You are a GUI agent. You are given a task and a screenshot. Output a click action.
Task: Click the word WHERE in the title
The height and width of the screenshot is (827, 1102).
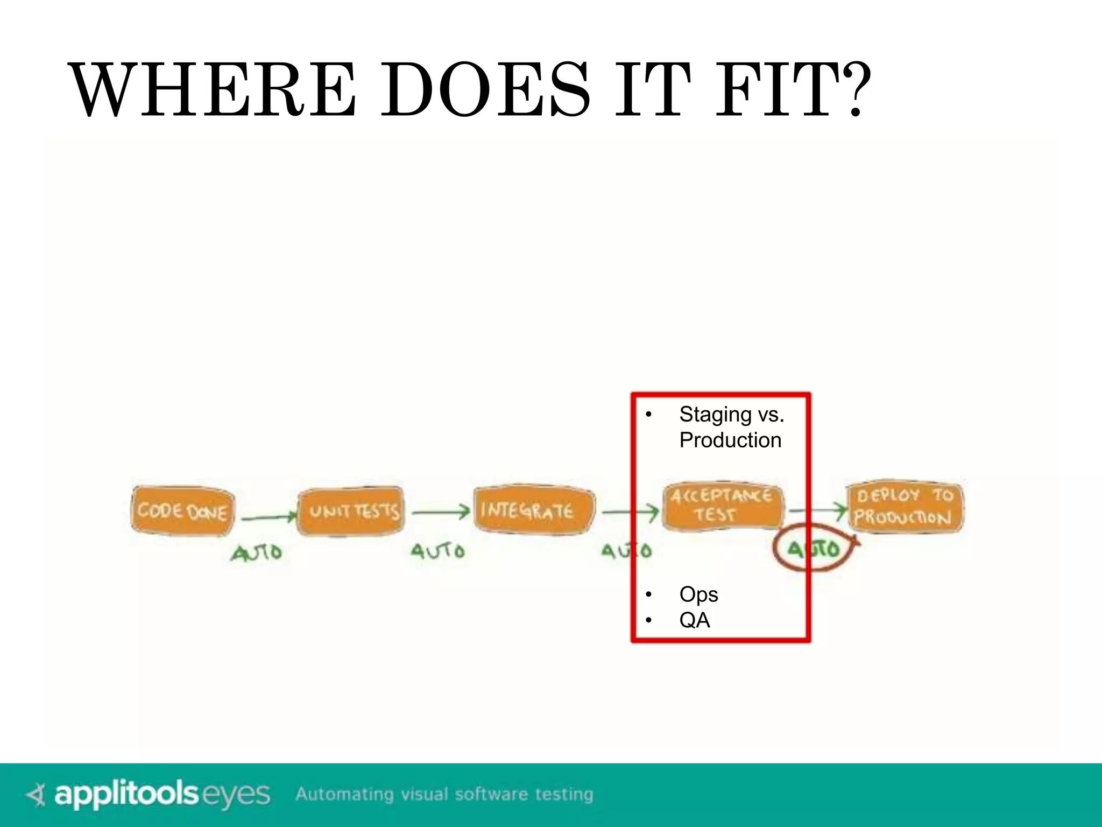(x=213, y=90)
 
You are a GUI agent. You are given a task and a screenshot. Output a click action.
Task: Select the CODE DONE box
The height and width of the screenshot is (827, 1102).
(x=182, y=510)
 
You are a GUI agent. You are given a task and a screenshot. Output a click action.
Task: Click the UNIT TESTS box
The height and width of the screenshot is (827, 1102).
(x=351, y=511)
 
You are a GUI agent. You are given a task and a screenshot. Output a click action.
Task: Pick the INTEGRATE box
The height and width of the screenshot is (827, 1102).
(x=533, y=510)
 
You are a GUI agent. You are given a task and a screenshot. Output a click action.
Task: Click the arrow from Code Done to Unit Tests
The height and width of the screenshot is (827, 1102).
(x=268, y=518)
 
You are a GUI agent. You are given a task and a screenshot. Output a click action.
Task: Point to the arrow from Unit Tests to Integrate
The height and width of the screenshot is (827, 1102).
(x=441, y=512)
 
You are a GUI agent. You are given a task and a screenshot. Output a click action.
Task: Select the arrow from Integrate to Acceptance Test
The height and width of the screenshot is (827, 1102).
(x=630, y=511)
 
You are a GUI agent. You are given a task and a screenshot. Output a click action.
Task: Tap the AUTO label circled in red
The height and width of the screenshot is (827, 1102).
(x=813, y=549)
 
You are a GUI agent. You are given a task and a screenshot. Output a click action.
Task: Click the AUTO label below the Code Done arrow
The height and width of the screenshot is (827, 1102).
(x=257, y=552)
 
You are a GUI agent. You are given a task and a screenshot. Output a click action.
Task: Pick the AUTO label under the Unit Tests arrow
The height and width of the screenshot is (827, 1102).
(x=437, y=551)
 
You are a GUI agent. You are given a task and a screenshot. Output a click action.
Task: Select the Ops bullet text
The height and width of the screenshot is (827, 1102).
(x=698, y=594)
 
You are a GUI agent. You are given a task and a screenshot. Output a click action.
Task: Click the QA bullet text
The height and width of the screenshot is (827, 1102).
(x=695, y=620)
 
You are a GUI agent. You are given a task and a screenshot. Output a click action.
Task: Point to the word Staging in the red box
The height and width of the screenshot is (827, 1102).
(x=715, y=415)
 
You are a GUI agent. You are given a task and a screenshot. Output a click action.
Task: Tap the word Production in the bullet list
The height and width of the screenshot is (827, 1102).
(x=730, y=440)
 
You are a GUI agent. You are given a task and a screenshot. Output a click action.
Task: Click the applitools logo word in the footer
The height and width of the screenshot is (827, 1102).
(x=126, y=794)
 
